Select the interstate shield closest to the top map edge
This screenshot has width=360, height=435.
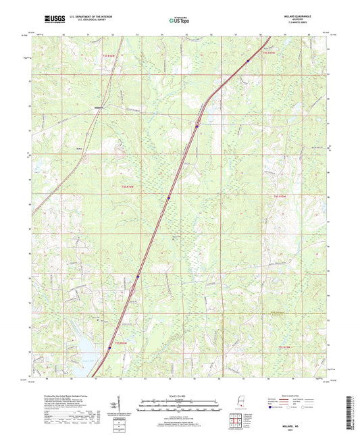(x=248, y=61)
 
